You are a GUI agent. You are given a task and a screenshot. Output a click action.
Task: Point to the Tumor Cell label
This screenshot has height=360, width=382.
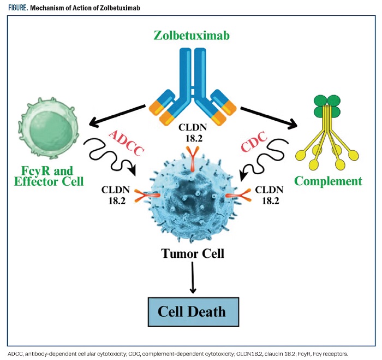[192, 253]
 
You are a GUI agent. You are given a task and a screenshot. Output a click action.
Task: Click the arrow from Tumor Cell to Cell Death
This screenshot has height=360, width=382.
[192, 279]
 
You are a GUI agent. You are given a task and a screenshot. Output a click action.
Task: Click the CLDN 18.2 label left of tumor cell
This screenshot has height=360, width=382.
[117, 194]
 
